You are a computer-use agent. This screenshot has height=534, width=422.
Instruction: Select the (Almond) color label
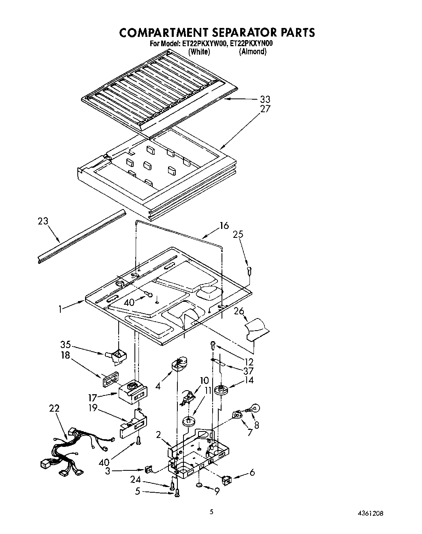[253, 51]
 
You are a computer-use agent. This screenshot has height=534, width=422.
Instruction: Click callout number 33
[265, 99]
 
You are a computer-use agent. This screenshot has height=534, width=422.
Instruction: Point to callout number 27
[265, 109]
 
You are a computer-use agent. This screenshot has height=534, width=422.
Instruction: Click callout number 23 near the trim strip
[43, 221]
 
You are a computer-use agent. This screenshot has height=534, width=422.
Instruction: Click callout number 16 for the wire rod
[224, 226]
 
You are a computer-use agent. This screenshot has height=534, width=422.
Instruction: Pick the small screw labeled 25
[249, 270]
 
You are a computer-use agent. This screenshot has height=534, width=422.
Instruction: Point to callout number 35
[66, 345]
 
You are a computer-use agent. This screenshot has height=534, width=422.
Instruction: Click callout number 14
[249, 380]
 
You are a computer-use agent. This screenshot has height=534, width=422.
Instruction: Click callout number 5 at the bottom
[138, 491]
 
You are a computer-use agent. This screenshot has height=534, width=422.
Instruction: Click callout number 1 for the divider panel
[61, 309]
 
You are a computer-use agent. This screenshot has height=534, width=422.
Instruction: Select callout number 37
[248, 371]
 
